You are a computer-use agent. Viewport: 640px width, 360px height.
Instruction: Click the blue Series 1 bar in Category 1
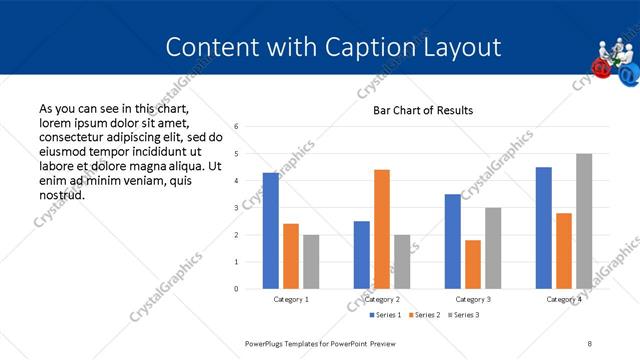(270, 231)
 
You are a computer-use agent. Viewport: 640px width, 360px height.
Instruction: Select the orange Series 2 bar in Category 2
(382, 229)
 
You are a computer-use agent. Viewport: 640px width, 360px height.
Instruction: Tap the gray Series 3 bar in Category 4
(584, 221)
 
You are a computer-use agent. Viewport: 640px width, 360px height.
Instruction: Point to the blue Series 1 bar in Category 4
(544, 228)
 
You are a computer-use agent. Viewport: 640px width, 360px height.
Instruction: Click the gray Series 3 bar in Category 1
(311, 262)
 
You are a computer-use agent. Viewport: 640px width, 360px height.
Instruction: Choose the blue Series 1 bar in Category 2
(361, 255)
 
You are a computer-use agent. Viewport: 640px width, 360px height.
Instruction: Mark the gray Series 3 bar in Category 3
(493, 248)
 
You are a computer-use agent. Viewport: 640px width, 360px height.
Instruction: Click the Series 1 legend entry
(388, 315)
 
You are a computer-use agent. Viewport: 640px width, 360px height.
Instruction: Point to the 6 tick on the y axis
(236, 127)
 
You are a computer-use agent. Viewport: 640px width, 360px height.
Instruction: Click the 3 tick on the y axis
(236, 208)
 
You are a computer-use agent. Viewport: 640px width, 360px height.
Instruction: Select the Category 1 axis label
(291, 299)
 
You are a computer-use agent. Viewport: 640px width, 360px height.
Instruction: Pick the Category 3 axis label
(473, 299)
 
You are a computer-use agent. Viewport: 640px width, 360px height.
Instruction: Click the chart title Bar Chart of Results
(423, 110)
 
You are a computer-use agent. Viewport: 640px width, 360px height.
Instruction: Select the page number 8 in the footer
(589, 343)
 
